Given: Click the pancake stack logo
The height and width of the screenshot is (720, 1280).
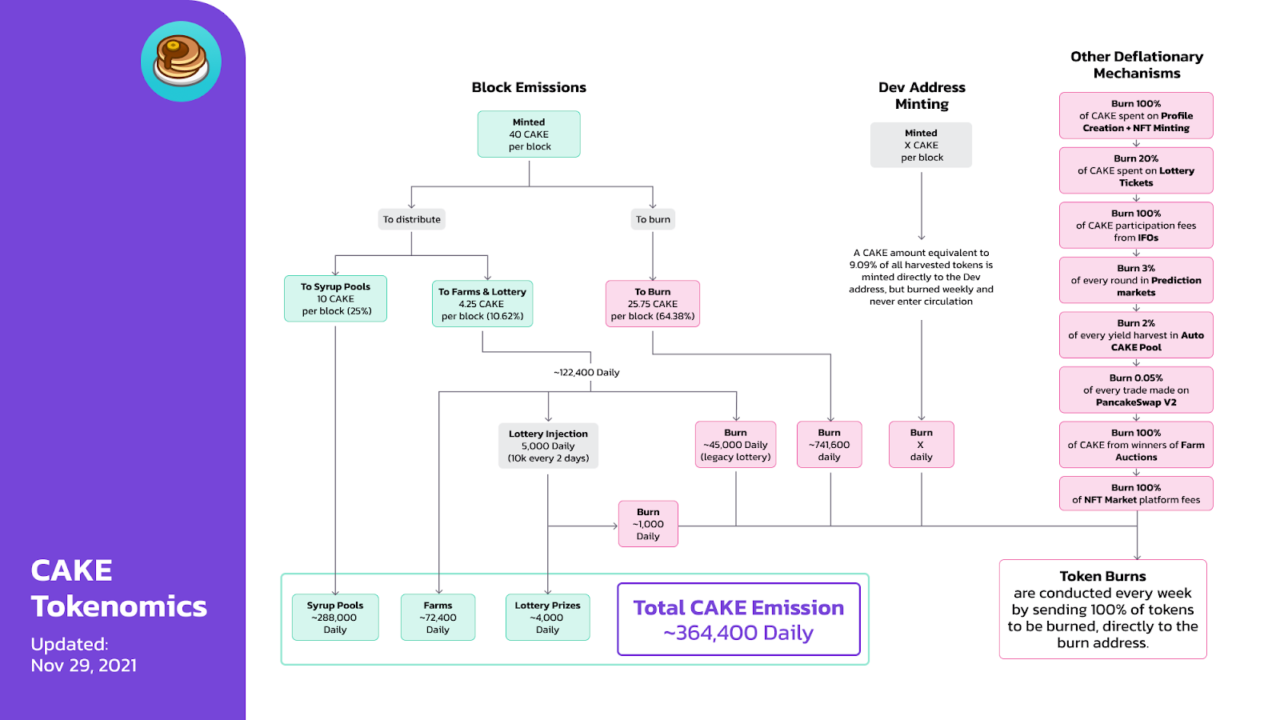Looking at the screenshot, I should (x=181, y=62).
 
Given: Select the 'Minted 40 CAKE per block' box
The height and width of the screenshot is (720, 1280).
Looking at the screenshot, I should (x=529, y=134).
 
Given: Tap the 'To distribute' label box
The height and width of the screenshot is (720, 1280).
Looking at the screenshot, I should (x=411, y=219).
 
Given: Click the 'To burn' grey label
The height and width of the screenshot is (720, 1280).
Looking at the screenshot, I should (x=653, y=219).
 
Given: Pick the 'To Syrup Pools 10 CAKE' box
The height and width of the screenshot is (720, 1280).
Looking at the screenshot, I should (x=335, y=298).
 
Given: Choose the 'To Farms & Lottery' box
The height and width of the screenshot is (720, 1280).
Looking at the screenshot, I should (x=482, y=304).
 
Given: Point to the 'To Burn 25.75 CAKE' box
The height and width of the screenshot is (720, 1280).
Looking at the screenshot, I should (x=653, y=304).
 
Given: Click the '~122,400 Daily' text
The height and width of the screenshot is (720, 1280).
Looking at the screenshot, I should (x=586, y=373).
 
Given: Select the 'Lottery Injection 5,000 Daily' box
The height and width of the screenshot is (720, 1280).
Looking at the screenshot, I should (x=548, y=446).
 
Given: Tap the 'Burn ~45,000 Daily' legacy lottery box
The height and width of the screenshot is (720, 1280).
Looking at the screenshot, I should (x=735, y=445).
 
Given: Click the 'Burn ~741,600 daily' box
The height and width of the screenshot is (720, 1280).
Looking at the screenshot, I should (x=829, y=445).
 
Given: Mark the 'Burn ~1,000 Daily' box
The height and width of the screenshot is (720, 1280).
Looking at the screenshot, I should (x=648, y=524).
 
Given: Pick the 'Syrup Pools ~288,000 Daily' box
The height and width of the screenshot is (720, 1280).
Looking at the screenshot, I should (x=335, y=618).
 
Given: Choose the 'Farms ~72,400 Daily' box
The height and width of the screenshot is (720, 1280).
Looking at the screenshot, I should (x=438, y=618).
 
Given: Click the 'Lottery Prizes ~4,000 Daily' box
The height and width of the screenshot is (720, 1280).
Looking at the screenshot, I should (x=547, y=618).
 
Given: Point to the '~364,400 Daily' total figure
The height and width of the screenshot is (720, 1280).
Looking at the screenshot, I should (x=738, y=633).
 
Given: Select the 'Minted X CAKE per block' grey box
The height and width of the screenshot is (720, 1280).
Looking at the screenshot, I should (x=921, y=146).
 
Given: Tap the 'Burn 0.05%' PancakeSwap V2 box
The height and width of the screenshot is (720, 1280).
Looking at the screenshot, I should (x=1136, y=390).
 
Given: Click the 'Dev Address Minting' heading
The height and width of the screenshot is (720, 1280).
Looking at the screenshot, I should (x=922, y=95).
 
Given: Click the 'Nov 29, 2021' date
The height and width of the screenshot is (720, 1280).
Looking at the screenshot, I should (x=84, y=666).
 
